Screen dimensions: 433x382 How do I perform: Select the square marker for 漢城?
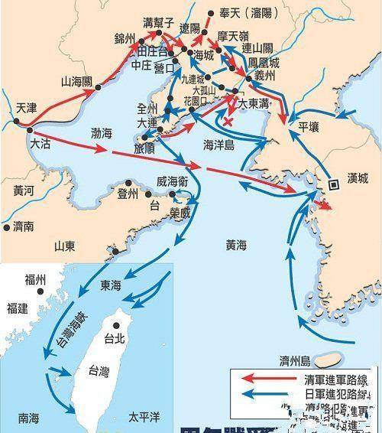pyautogui.click(x=334, y=184)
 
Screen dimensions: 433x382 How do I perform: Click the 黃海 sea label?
pyautogui.click(x=236, y=245)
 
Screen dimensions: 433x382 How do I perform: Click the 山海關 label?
pyautogui.click(x=78, y=80)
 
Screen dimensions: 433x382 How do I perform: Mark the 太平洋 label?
pyautogui.click(x=144, y=418)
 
